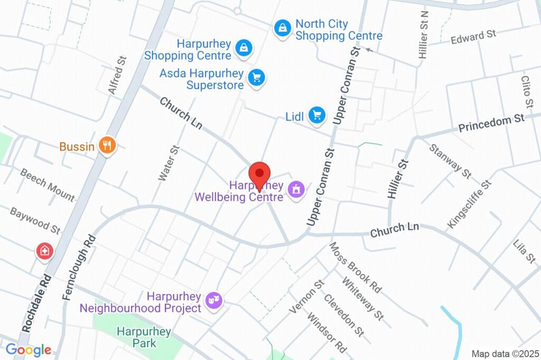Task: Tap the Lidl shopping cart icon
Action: coord(316,115)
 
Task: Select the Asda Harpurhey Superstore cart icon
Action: coord(257,78)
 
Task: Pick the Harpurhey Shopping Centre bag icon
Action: coord(243,48)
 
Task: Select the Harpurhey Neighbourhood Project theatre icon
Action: coord(214,301)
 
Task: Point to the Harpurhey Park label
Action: coord(144,337)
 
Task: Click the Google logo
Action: coord(29,349)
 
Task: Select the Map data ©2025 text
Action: coord(505,354)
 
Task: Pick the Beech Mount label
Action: coord(48,184)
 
